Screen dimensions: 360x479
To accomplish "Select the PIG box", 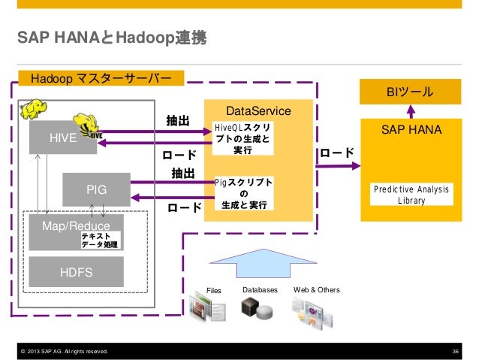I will tap(96, 189).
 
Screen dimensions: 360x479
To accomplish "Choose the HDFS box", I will tap(76, 271).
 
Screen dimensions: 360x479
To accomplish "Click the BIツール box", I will tap(409, 92).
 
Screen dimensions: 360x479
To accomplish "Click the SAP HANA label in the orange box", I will tap(411, 130).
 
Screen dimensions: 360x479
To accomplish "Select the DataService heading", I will tap(258, 111).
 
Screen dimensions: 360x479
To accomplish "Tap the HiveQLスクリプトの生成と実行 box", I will tap(243, 138).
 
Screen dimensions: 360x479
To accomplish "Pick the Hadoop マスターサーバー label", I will tap(101, 78).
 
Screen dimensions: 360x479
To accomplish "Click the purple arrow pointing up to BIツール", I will tap(410, 110).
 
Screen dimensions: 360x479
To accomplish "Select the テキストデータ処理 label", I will tap(99, 241).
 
